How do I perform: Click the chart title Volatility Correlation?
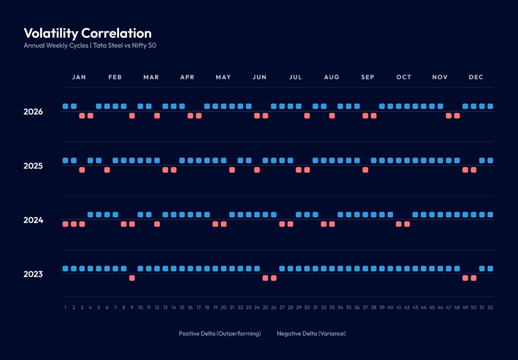point(88,34)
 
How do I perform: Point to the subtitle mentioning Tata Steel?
point(90,45)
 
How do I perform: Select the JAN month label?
point(79,77)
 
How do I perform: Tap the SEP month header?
point(368,77)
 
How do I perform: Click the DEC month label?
point(476,77)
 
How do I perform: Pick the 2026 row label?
point(33,112)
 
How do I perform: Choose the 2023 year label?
point(33,275)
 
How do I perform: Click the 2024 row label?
point(33,220)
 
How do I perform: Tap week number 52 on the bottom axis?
point(490,308)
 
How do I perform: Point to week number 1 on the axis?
point(66,308)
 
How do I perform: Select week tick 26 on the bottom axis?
point(273,308)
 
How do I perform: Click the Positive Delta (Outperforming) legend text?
point(220,334)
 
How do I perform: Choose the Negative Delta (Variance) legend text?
point(311,334)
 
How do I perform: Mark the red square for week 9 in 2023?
point(132,278)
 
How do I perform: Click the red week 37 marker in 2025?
point(365,170)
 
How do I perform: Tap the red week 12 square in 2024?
point(157,224)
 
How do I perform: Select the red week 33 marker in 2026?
point(332,116)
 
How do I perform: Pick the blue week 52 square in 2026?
point(490,106)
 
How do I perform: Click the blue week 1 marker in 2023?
point(66,269)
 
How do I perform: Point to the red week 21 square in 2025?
point(232,170)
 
